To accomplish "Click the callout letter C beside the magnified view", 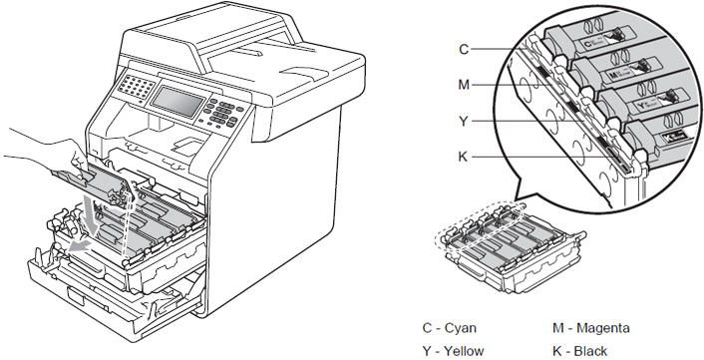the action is (464, 49).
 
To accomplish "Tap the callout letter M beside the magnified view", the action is (464, 85).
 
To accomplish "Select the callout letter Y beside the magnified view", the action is (464, 121).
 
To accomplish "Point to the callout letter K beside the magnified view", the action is (463, 157).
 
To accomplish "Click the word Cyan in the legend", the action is (461, 328).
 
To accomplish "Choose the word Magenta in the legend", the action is (603, 328).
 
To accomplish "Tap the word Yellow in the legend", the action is (464, 350).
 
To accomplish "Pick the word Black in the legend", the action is (590, 350).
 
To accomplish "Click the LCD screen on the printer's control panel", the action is (176, 102).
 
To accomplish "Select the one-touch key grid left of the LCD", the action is (135, 86).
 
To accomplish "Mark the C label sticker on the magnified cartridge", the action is (595, 42).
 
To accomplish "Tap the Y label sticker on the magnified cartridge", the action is (645, 104).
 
